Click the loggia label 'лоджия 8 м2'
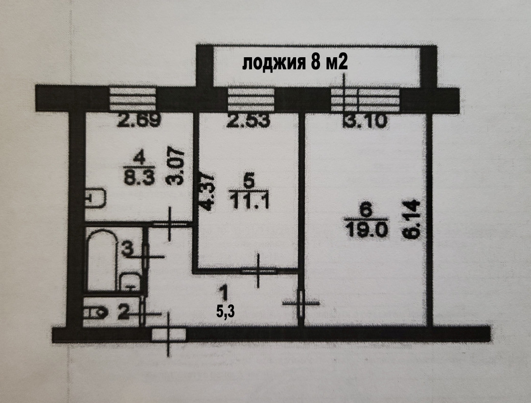tap(295, 63)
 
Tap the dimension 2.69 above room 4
tap(139, 120)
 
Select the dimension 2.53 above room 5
tap(249, 120)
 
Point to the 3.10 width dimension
tap(365, 121)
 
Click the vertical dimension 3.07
tap(175, 166)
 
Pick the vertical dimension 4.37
tap(207, 192)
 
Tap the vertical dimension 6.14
tap(413, 220)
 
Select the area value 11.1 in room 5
tap(249, 202)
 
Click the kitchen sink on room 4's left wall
tap(96, 198)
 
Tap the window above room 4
tap(133, 99)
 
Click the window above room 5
tap(251, 99)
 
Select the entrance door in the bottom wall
tap(169, 335)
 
